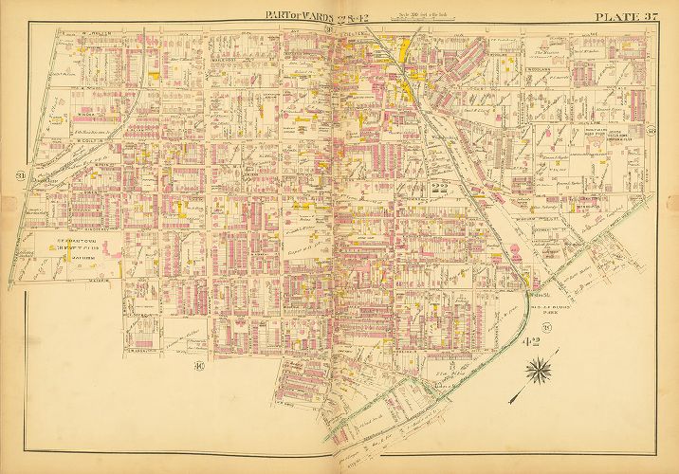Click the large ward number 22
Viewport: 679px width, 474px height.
(x=439, y=187)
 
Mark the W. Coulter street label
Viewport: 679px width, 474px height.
(x=85, y=138)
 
